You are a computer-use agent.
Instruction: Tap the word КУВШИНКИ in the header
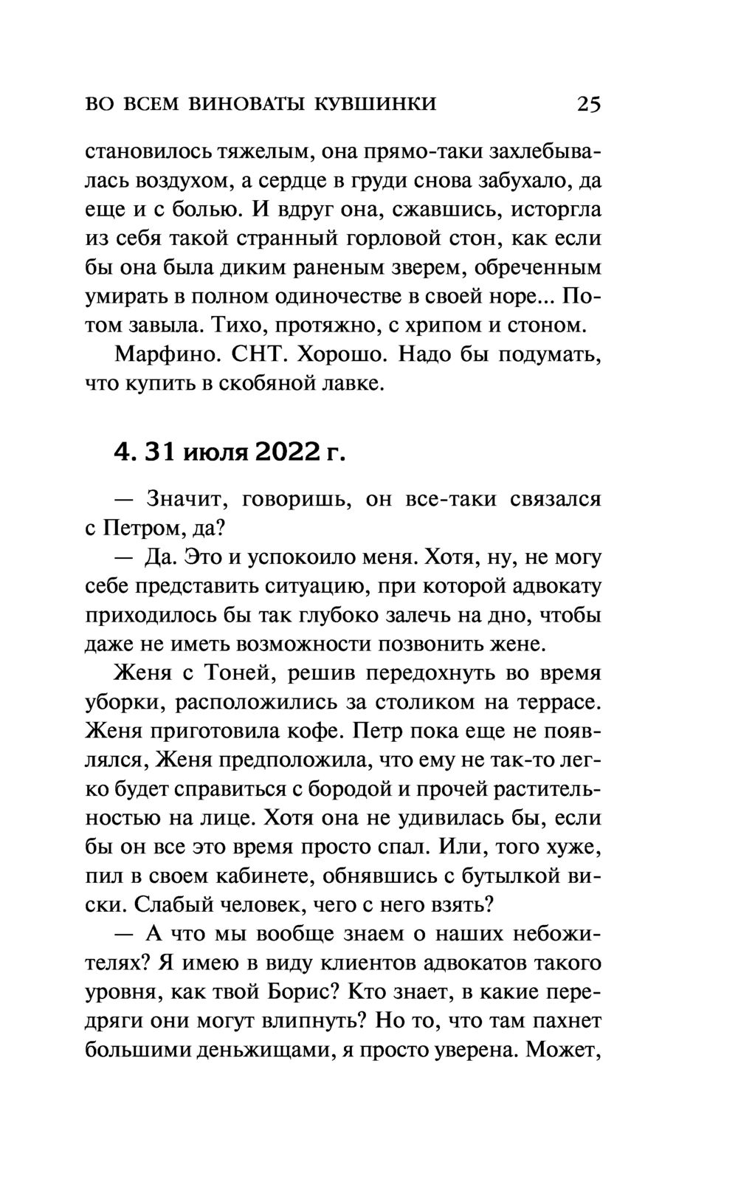(376, 103)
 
